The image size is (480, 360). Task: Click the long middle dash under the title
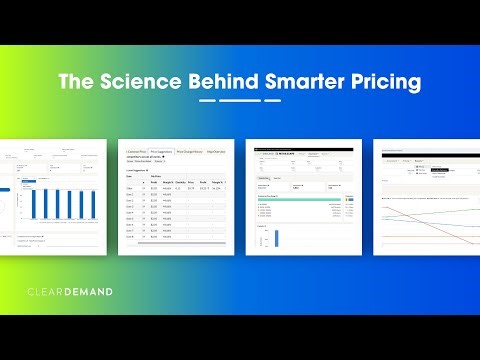(240, 100)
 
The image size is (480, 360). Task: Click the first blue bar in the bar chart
(32, 206)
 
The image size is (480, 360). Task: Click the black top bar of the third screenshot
(301, 146)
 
